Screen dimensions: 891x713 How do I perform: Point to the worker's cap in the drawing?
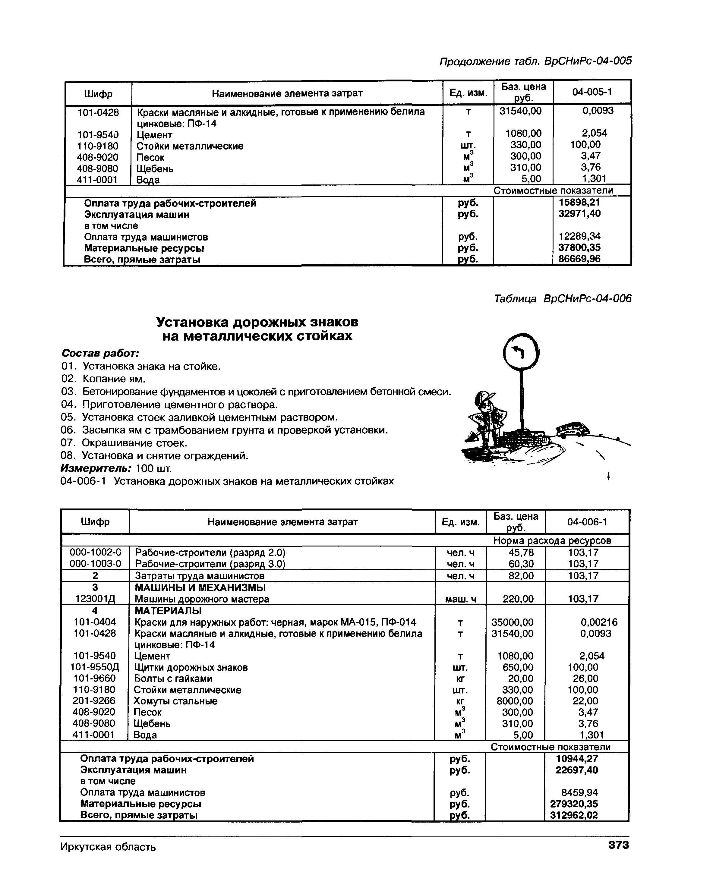(484, 397)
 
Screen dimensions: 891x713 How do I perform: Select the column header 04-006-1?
(587, 522)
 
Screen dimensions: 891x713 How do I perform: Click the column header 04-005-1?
(592, 92)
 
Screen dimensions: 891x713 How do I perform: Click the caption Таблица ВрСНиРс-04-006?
(563, 299)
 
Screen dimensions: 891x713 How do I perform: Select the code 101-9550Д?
(95, 667)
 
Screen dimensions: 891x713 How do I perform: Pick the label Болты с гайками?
(173, 678)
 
